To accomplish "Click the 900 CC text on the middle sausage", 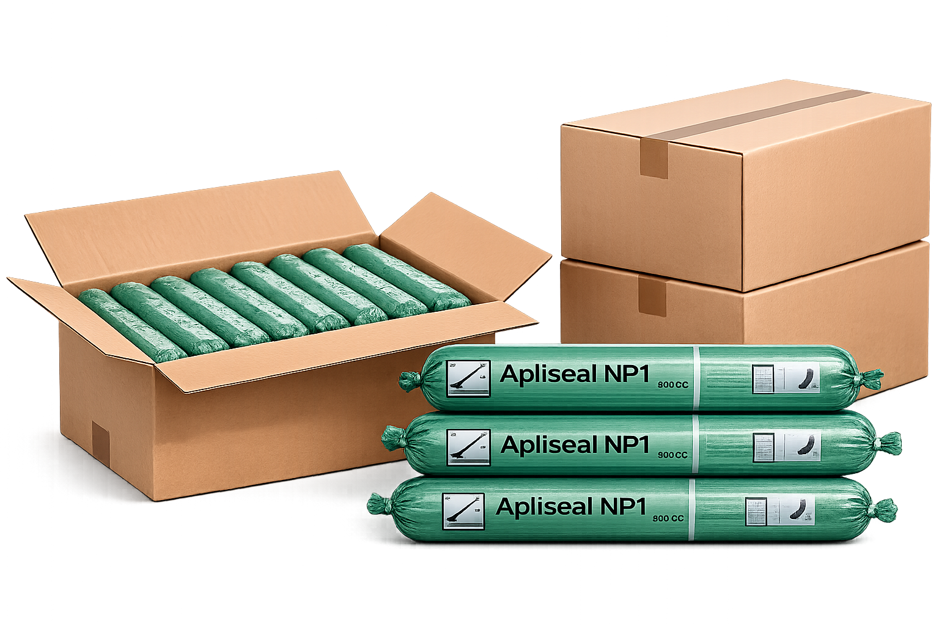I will pyautogui.click(x=672, y=455).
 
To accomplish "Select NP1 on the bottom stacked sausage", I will pyautogui.click(x=623, y=506).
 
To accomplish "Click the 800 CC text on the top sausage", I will pyautogui.click(x=673, y=385).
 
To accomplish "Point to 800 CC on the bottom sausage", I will pyautogui.click(x=668, y=518).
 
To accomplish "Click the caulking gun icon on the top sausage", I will pyautogui.click(x=468, y=378).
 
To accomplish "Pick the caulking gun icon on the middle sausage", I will pyautogui.click(x=468, y=447).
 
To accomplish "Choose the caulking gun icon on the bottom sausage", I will pyautogui.click(x=463, y=511).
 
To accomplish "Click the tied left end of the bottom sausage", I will pyautogui.click(x=380, y=506).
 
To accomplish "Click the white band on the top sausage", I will pyautogui.click(x=695, y=377).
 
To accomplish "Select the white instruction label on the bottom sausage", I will pyautogui.click(x=780, y=511).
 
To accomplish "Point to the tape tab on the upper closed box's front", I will pyautogui.click(x=653, y=157).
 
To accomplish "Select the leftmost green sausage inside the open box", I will pyautogui.click(x=131, y=323).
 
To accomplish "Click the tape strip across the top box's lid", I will pyautogui.click(x=758, y=112).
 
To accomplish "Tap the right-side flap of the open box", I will pyautogui.click(x=465, y=245).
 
